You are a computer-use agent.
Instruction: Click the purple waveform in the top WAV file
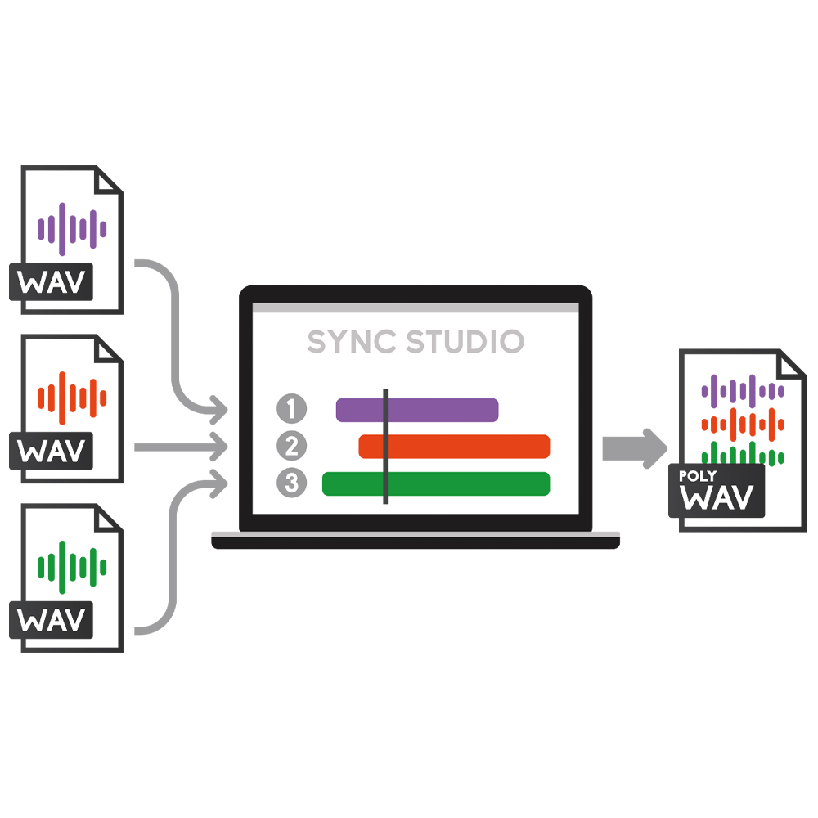(72, 229)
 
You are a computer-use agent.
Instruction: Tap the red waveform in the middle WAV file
(72, 398)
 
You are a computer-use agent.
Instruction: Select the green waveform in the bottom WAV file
(72, 567)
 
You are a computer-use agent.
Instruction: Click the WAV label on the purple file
(51, 282)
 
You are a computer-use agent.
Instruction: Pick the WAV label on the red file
(51, 451)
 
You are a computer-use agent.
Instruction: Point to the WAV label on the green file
(51, 620)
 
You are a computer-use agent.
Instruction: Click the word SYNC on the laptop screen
(352, 342)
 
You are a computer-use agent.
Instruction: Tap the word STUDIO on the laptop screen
(465, 342)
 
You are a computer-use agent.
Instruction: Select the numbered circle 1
(292, 408)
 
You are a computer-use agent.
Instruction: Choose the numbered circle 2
(292, 446)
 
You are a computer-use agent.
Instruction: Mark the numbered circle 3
(292, 483)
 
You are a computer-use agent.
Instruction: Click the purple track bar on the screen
(417, 410)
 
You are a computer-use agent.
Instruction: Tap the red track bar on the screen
(454, 447)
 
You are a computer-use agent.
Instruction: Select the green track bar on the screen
(436, 483)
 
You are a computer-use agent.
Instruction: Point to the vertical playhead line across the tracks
(385, 447)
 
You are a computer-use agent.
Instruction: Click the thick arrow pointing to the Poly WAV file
(635, 448)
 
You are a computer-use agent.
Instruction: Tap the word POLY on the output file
(698, 476)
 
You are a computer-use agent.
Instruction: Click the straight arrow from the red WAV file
(181, 447)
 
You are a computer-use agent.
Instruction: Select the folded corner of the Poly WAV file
(790, 364)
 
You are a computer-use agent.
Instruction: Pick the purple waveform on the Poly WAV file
(743, 391)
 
